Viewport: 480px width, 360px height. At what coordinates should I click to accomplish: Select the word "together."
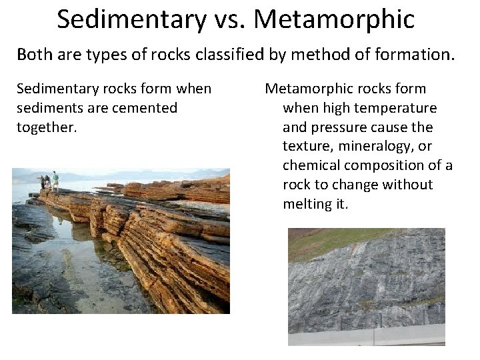(x=47, y=127)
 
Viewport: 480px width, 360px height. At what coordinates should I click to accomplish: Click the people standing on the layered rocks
(x=48, y=181)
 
